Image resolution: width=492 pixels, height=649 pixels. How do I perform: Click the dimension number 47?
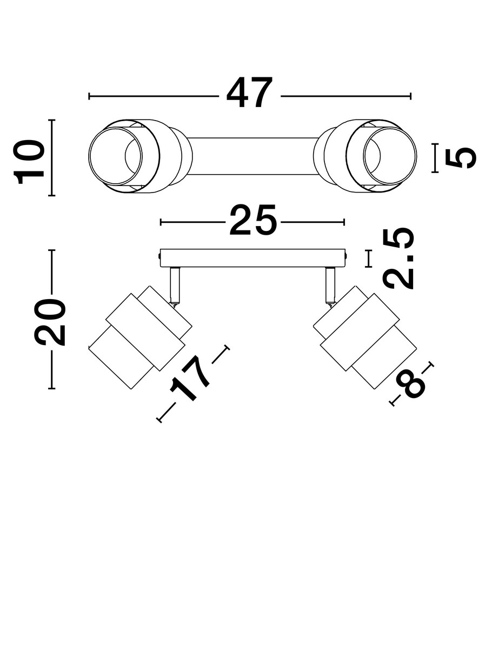tap(249, 95)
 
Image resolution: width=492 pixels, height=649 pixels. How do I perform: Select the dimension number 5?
tap(461, 157)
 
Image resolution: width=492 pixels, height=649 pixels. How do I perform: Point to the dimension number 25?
tap(252, 221)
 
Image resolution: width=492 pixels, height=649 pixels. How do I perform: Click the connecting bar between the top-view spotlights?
tap(252, 156)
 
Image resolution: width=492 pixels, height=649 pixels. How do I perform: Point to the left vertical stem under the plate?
tap(175, 285)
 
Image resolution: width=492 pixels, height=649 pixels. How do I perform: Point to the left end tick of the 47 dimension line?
tap(89, 96)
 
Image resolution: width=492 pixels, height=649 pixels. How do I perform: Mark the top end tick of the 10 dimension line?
tap(52, 120)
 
